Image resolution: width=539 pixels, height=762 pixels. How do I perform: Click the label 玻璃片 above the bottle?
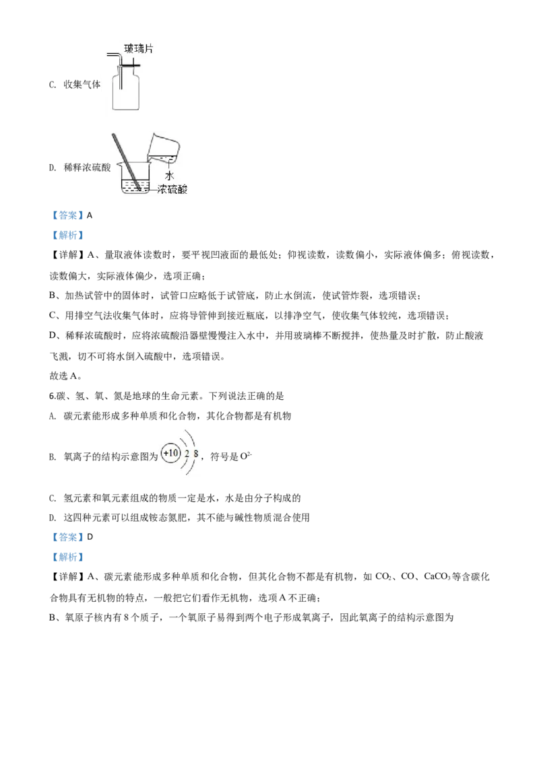[139, 49]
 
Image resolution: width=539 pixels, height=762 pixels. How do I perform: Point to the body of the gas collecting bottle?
[126, 95]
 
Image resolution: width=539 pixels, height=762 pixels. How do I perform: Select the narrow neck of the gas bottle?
[126, 71]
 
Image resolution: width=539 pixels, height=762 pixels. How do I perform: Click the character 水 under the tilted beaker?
[169, 176]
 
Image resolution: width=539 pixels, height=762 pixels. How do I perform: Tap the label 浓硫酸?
[172, 190]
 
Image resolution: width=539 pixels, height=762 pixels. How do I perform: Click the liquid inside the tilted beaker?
[169, 159]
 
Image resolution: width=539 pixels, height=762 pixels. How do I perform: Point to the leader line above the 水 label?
[169, 166]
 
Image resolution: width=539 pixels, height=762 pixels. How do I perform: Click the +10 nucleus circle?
[171, 453]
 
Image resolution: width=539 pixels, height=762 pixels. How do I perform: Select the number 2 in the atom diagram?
[187, 454]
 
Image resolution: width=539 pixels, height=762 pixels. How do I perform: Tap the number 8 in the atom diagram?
[195, 454]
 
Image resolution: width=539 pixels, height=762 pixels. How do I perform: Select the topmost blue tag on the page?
[67, 215]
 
